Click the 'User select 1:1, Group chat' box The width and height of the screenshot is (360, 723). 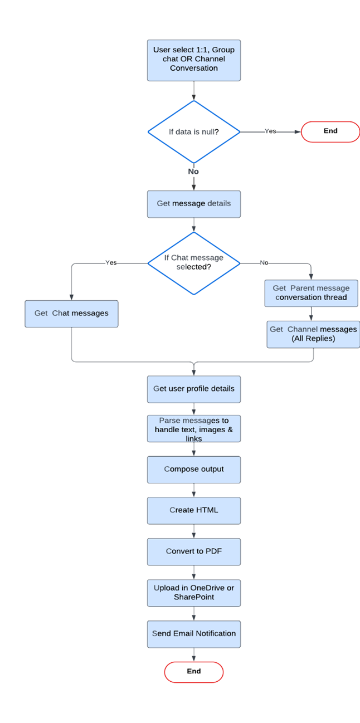coord(194,60)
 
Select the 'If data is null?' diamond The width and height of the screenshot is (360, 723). coord(194,132)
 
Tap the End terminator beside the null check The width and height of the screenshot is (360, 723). coord(330,131)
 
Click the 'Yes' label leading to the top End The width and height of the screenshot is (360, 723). coord(270,131)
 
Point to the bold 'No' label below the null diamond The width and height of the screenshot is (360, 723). coord(193,172)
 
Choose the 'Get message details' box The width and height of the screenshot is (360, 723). coord(194,204)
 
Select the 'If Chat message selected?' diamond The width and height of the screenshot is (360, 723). coord(194,262)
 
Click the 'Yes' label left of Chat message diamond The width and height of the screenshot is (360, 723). coord(111,262)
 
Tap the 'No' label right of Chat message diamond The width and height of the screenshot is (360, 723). coord(264,262)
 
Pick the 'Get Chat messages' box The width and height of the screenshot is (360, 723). coord(71,314)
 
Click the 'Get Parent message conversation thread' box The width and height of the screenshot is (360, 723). coord(311,293)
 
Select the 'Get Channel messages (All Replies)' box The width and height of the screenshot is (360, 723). coord(313,334)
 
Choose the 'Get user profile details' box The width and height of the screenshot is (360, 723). coord(194,389)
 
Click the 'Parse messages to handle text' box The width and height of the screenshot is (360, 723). coord(194,429)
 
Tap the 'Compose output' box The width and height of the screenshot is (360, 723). coord(194,470)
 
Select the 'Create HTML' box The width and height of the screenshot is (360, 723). coord(194,510)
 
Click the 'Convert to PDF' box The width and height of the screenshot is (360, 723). coord(194,551)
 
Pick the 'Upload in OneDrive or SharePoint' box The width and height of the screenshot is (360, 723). coord(194,593)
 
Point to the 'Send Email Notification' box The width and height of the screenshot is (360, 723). coord(194,634)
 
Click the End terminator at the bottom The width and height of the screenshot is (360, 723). coord(194,672)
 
